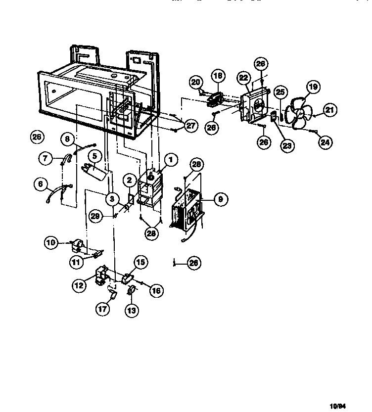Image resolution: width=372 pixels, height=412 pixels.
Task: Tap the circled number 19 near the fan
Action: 312,88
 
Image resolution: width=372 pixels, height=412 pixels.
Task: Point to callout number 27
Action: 191,126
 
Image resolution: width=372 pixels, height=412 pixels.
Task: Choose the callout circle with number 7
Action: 45,158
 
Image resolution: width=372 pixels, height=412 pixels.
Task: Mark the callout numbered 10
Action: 51,243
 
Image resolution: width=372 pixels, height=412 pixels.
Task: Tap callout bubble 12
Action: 79,285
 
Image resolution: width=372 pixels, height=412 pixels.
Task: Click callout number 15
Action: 140,263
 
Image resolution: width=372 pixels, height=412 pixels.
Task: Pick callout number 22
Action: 243,78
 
